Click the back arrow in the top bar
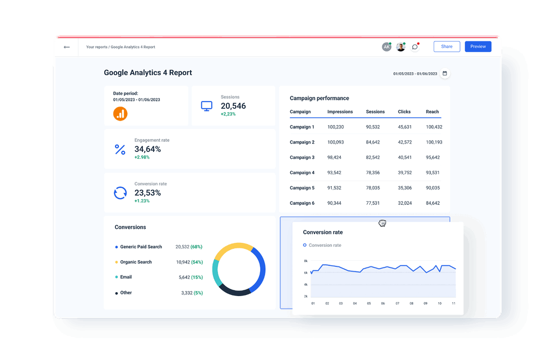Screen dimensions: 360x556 coord(67,47)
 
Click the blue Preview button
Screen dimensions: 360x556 coord(478,47)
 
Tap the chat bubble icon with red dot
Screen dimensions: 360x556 coord(415,47)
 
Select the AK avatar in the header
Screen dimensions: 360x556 coord(386,47)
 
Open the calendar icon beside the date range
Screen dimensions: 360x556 coord(444,73)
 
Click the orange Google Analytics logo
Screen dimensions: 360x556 coord(120,113)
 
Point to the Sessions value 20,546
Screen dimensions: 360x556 coord(233,106)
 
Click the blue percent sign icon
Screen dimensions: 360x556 coord(120,149)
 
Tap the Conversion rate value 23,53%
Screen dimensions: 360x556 coord(147,193)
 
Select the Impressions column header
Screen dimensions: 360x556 coord(340,112)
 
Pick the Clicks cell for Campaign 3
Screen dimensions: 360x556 coord(404,158)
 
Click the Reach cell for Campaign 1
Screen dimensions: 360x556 coord(434,127)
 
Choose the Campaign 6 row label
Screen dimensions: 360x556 coord(302,203)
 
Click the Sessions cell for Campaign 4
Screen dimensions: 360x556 coord(373,173)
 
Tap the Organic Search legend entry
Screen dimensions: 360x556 coord(136,262)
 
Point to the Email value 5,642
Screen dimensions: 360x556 coord(184,278)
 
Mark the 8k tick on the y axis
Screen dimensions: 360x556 coord(306,261)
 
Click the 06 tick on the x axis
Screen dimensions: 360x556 coord(383,303)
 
